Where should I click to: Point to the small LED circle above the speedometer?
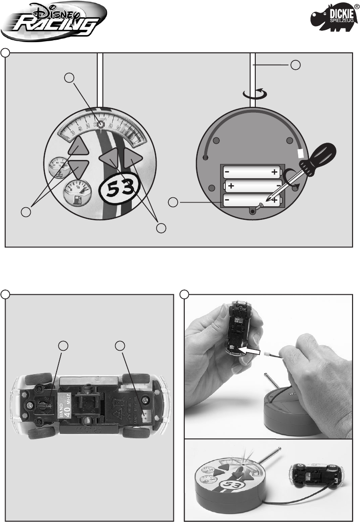pyautogui.click(x=100, y=125)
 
